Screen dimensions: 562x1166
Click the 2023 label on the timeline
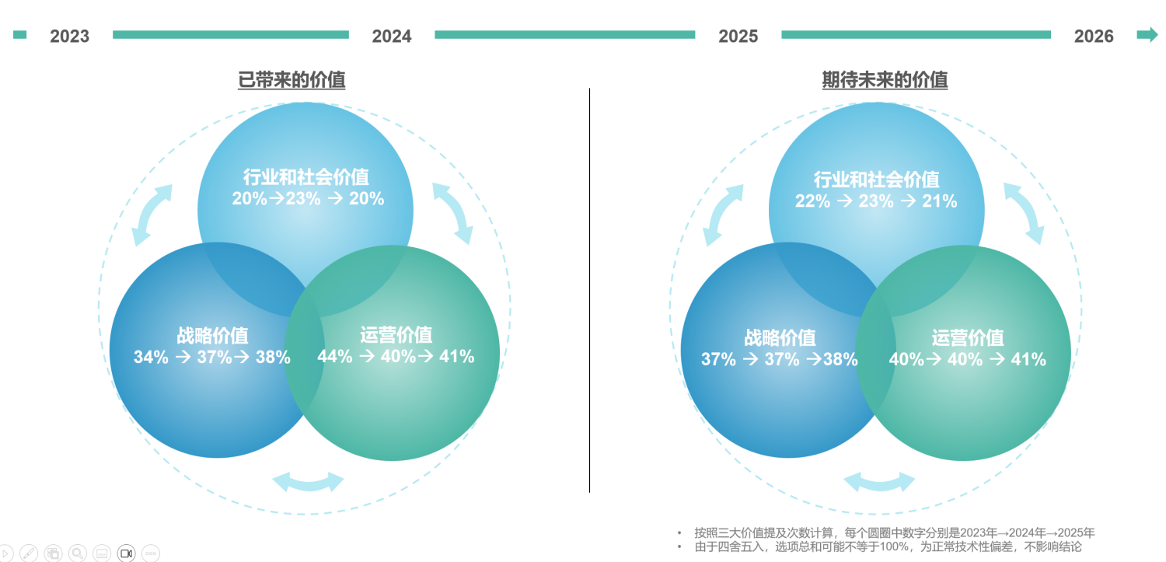point(69,36)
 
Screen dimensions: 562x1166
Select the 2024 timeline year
point(392,36)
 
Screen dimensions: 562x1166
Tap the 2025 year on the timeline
point(738,36)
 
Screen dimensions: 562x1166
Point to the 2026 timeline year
point(1093,36)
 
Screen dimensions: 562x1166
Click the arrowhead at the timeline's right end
point(1147,34)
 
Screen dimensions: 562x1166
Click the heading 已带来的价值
point(291,79)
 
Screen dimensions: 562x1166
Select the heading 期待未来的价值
point(885,79)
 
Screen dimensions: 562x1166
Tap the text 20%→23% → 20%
point(308,198)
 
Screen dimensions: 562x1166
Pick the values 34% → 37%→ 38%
point(212,357)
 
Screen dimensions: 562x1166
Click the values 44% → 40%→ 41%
point(396,356)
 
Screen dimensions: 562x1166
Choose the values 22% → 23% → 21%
point(875,201)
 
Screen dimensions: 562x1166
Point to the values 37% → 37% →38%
point(779,359)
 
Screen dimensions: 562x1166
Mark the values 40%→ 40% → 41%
point(967,359)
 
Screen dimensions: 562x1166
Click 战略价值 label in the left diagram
point(212,336)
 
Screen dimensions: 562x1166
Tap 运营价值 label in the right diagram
point(967,338)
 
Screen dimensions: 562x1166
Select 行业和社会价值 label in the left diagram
point(305,176)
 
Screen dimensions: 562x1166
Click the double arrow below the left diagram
point(308,482)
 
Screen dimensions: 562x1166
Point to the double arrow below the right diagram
point(879,482)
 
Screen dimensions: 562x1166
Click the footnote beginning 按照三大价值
point(894,532)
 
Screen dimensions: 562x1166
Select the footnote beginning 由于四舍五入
point(888,546)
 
